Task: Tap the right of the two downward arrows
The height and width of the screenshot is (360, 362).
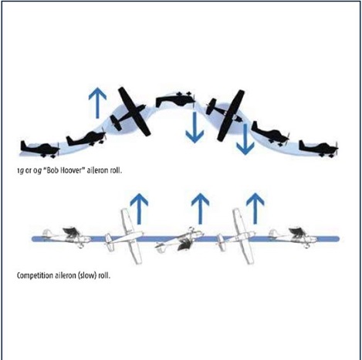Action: pyautogui.click(x=246, y=140)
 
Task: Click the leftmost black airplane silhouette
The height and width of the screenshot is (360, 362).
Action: pyautogui.click(x=37, y=147)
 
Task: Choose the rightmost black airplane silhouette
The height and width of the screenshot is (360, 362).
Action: pyautogui.click(x=316, y=146)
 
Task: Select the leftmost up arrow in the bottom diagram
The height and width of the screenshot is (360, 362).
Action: pyautogui.click(x=140, y=207)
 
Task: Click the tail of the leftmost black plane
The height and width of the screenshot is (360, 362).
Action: pyautogui.click(x=24, y=144)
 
